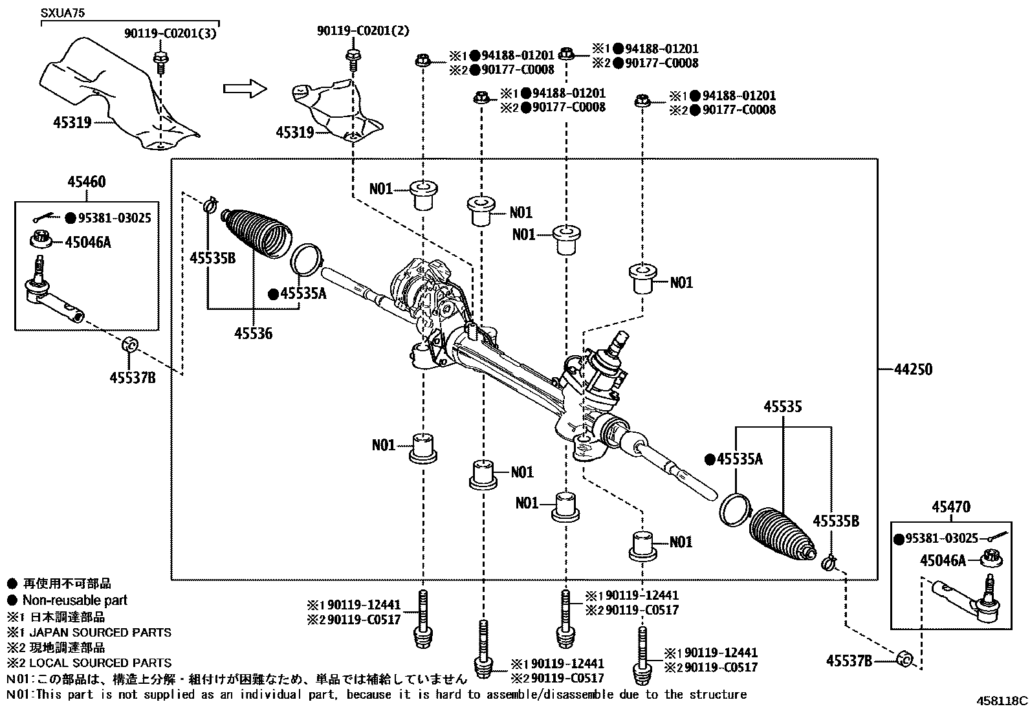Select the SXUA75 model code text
pyautogui.click(x=63, y=12)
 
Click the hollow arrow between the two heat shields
pyautogui.click(x=244, y=89)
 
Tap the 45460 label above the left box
pyautogui.click(x=86, y=182)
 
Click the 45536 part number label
pyautogui.click(x=253, y=334)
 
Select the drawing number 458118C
pyautogui.click(x=1002, y=700)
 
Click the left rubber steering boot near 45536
pyautogui.click(x=256, y=234)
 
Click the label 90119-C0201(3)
pyautogui.click(x=170, y=32)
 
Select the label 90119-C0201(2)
pyautogui.click(x=363, y=30)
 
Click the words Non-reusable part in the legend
pyautogui.click(x=74, y=600)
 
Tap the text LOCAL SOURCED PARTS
pyautogui.click(x=97, y=662)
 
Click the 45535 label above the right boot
pyautogui.click(x=782, y=407)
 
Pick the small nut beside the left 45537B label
pyautogui.click(x=129, y=344)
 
